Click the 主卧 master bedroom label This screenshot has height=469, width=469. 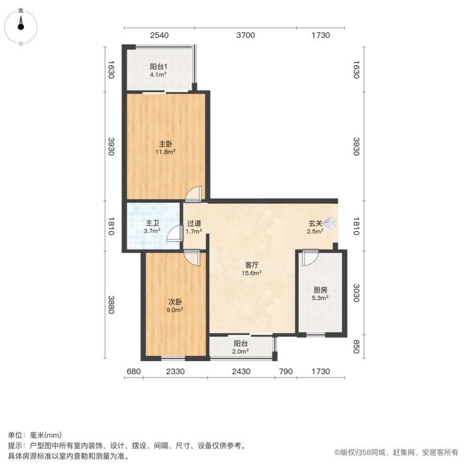pyautogui.click(x=166, y=144)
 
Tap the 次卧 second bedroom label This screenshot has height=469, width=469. pyautogui.click(x=175, y=302)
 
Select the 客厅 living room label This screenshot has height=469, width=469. pyautogui.click(x=251, y=265)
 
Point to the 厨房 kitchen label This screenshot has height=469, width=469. pyautogui.click(x=320, y=290)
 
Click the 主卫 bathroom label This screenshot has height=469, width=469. pyautogui.click(x=152, y=223)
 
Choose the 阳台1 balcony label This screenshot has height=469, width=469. pyautogui.click(x=159, y=67)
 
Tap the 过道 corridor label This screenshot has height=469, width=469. pyautogui.click(x=194, y=223)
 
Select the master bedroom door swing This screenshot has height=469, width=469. pyautogui.click(x=193, y=195)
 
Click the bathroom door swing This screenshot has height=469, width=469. pyautogui.click(x=174, y=233)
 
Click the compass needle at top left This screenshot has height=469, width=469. pyautogui.click(x=21, y=23)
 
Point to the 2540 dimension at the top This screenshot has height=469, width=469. pyautogui.click(x=159, y=35)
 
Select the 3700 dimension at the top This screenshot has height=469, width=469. pyautogui.click(x=246, y=35)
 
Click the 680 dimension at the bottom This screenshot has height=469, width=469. pyautogui.click(x=133, y=371)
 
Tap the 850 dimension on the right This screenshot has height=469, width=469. pyautogui.click(x=356, y=347)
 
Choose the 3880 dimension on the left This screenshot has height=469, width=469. pyautogui.click(x=111, y=305)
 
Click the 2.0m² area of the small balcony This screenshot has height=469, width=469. pyautogui.click(x=241, y=352)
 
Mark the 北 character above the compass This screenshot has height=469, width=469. pyautogui.click(x=21, y=10)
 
